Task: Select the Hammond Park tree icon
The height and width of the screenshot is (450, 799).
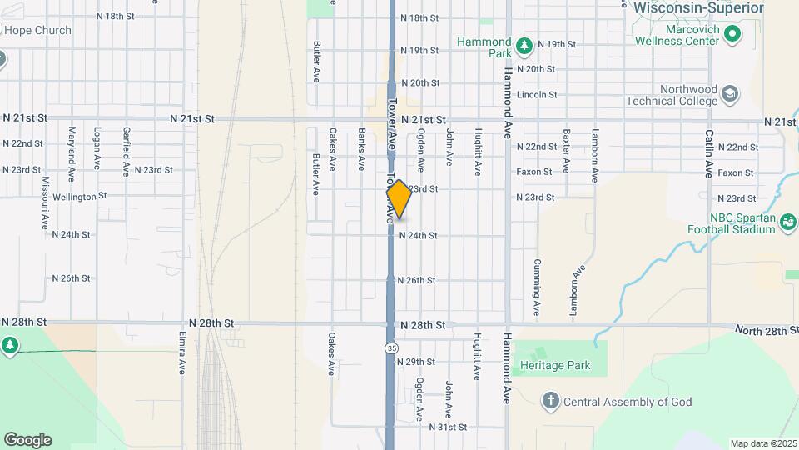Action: click(524, 44)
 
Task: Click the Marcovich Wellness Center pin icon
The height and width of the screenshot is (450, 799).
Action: click(732, 34)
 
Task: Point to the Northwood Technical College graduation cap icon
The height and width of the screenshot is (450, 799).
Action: click(730, 93)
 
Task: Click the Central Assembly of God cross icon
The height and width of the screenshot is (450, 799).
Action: click(550, 402)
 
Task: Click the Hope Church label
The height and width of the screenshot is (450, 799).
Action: click(37, 31)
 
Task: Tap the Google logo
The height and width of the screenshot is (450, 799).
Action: click(27, 440)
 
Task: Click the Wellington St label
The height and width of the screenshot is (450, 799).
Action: click(79, 197)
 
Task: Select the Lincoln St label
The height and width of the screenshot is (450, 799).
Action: click(537, 95)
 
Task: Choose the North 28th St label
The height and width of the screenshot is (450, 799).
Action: click(766, 331)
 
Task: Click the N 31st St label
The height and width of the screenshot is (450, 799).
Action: click(448, 427)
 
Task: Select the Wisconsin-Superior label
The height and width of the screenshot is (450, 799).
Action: click(697, 7)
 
